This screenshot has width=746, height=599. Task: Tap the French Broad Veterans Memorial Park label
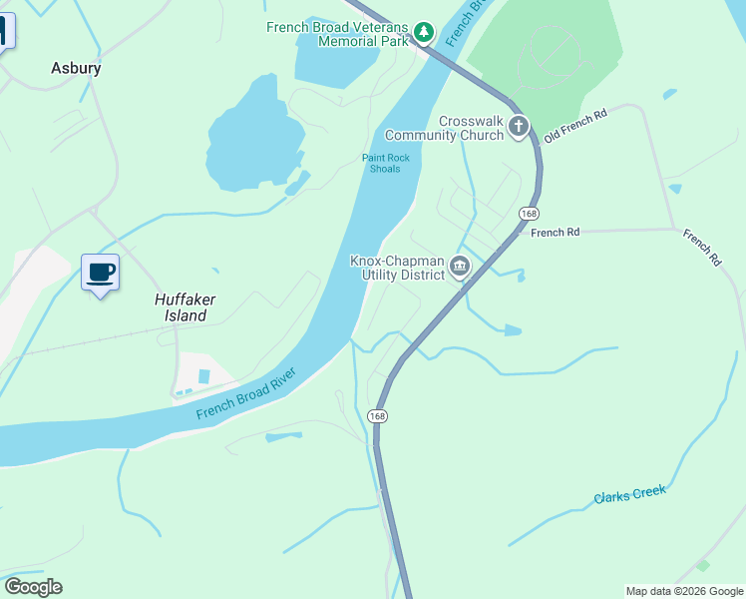click(338, 34)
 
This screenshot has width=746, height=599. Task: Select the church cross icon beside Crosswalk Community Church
click(518, 127)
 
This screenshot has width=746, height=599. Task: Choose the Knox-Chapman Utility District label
click(396, 268)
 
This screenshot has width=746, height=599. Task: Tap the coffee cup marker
click(100, 273)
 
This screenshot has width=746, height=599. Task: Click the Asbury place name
click(76, 69)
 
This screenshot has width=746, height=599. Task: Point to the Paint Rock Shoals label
click(381, 163)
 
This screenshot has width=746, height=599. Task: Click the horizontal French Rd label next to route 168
click(556, 233)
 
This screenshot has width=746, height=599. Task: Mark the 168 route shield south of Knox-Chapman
click(376, 415)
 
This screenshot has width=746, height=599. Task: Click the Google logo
click(33, 587)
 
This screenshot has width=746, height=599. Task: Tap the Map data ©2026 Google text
click(684, 591)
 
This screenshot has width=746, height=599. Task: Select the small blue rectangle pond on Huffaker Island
click(204, 375)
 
